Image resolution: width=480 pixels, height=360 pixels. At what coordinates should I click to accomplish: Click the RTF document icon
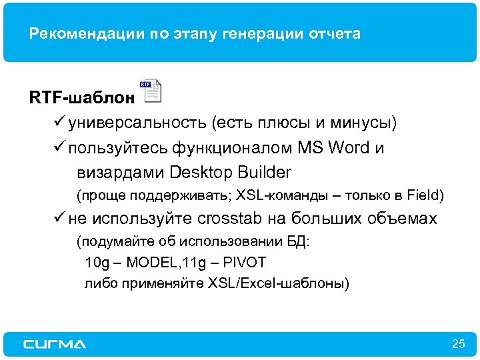[151, 91]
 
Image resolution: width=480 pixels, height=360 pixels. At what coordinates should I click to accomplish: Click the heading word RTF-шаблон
[81, 98]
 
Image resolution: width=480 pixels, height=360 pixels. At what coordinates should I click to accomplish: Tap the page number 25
[458, 344]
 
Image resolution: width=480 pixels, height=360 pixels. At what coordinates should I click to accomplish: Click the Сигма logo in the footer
[55, 344]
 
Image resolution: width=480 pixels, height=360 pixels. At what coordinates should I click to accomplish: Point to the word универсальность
[139, 123]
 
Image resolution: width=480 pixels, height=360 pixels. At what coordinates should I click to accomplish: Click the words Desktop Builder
[231, 172]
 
